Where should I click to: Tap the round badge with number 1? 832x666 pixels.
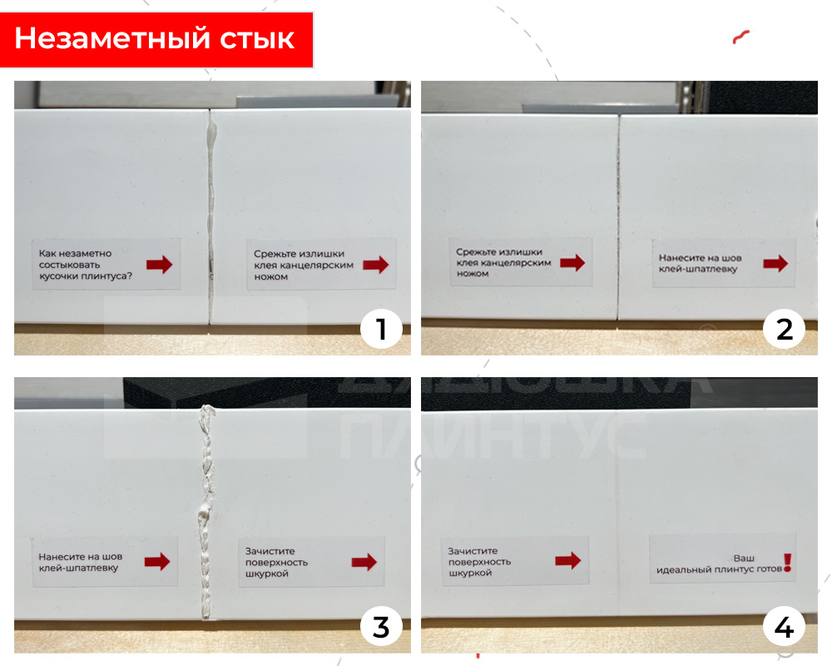tap(381, 330)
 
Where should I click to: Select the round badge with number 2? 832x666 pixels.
tap(784, 330)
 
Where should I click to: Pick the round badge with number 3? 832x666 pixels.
tap(381, 627)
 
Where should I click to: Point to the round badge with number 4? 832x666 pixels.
tap(784, 627)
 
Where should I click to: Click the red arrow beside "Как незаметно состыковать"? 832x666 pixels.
tap(159, 265)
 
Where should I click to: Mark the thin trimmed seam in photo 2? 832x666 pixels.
tap(619, 216)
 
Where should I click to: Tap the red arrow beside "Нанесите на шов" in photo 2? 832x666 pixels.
tap(775, 263)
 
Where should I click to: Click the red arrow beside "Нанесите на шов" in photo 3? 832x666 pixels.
tap(156, 562)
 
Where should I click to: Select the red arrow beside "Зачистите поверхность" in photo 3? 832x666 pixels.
tap(364, 562)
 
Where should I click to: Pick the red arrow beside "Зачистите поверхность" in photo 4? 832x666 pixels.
tap(567, 560)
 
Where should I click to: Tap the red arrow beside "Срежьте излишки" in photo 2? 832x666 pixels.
tap(572, 263)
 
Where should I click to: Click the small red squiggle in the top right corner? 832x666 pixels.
tap(741, 37)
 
